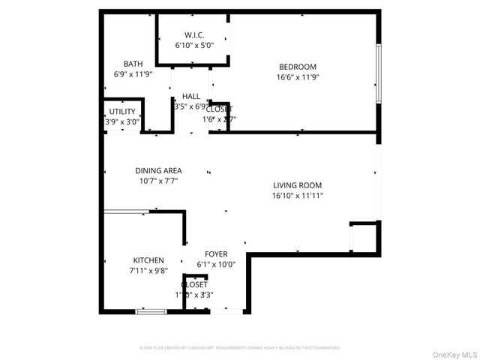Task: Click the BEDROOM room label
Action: [298, 66]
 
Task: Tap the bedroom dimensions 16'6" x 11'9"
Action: [298, 76]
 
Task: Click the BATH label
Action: [133, 64]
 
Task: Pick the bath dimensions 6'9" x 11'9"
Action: [133, 74]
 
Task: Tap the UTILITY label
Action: [122, 112]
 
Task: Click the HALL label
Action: [191, 97]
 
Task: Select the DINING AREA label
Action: [158, 170]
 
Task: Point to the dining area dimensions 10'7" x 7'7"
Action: [158, 181]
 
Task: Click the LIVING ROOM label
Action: [297, 185]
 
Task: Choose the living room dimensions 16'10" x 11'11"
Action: [297, 196]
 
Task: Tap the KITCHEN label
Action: [148, 260]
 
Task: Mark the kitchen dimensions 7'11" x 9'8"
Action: [148, 271]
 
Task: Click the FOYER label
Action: [216, 254]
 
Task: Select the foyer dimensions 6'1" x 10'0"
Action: [216, 264]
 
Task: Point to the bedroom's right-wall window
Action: [379, 73]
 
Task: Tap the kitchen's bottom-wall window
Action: [151, 311]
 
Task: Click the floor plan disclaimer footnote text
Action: [240, 348]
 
